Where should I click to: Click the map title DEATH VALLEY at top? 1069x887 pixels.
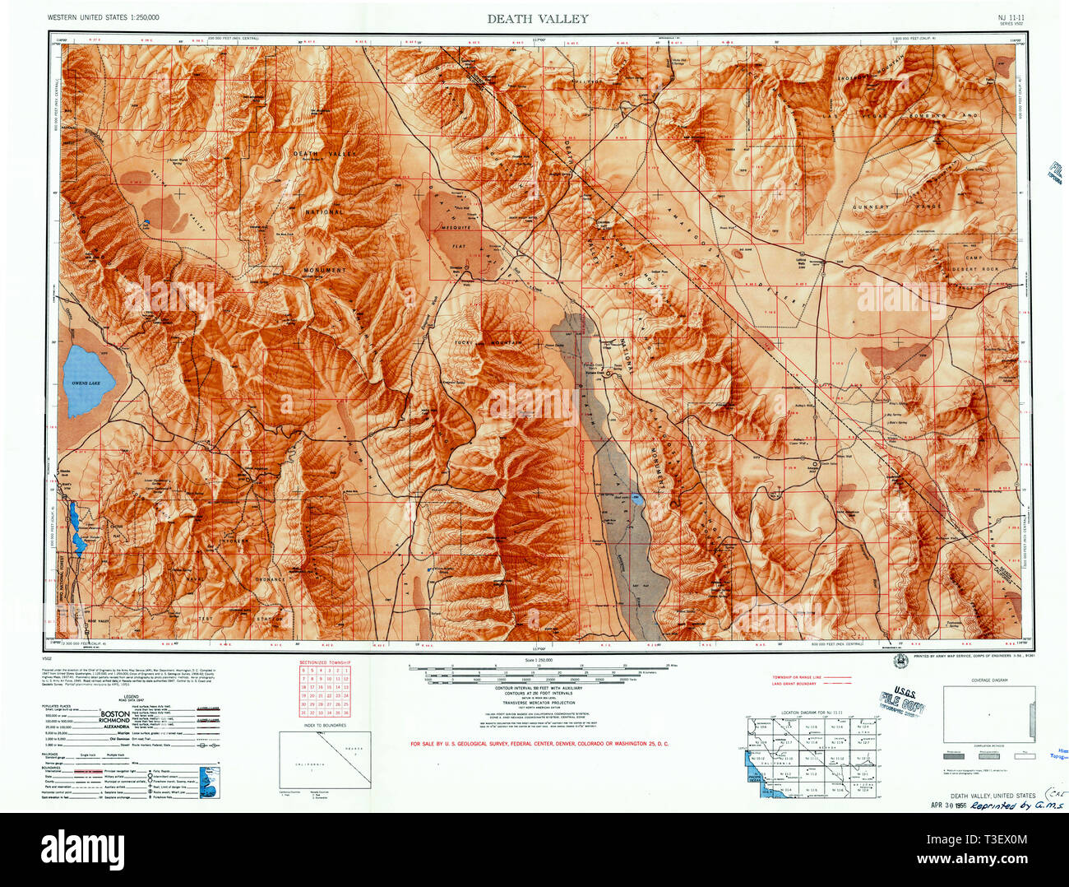(537, 18)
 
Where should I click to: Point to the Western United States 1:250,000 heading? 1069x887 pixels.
(104, 17)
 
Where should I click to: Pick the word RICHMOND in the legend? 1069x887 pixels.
(114, 720)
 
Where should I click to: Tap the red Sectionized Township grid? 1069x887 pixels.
(324, 691)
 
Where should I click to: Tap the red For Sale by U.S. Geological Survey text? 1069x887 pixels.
(539, 744)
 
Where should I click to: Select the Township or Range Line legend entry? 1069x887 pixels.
(797, 677)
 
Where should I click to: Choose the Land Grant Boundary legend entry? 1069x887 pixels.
(794, 684)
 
